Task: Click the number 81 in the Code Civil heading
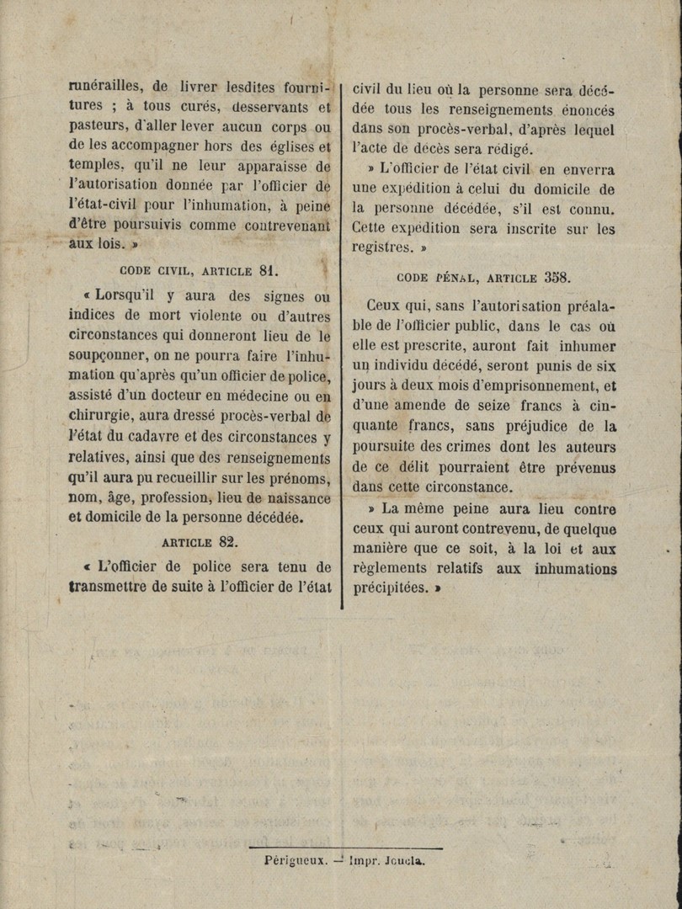coord(268,270)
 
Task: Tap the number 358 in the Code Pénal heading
coord(557,277)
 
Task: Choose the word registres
coord(381,247)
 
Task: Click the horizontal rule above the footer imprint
coord(345,848)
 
